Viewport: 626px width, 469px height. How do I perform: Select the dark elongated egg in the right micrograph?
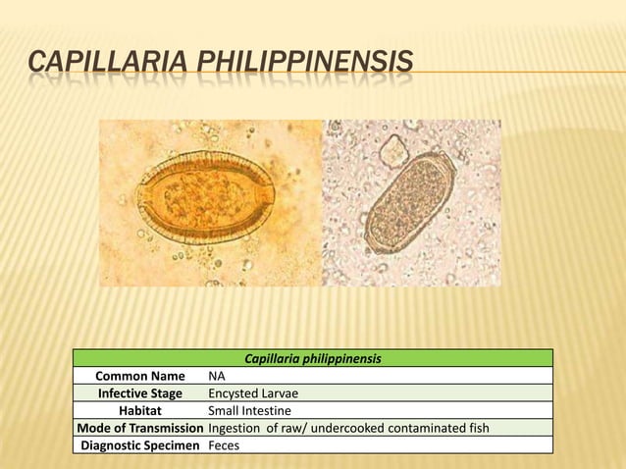[408, 202]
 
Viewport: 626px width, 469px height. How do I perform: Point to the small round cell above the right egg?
[393, 150]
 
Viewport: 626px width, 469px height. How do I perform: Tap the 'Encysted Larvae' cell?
[253, 392]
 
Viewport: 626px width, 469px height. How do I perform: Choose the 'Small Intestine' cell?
[249, 410]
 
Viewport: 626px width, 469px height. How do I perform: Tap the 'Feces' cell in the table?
[225, 445]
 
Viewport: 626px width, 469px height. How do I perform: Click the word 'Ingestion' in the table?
[236, 428]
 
